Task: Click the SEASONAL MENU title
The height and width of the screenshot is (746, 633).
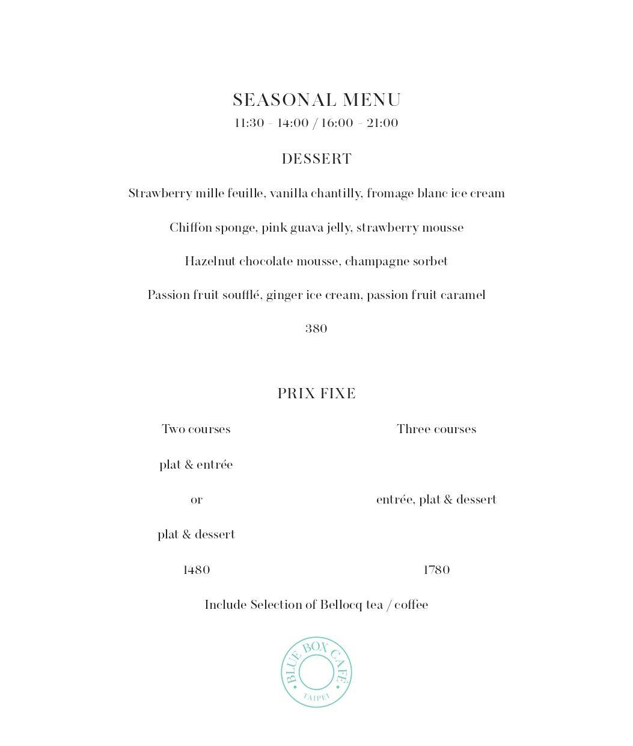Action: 316,100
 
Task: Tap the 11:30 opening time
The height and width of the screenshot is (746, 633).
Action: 249,123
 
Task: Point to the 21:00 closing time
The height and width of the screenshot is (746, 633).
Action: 382,123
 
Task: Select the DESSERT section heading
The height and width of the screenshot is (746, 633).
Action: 316,159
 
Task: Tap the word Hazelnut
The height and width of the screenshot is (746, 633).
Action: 210,262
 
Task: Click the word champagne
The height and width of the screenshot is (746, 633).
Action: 372,262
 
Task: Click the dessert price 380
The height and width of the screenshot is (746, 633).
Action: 316,329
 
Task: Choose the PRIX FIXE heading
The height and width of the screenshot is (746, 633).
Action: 316,393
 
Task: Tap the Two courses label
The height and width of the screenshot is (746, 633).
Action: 196,430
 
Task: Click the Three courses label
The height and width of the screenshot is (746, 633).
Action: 436,430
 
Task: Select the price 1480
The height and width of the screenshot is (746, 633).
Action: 196,570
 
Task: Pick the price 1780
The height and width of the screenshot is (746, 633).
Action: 436,570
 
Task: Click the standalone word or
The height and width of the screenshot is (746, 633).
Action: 196,500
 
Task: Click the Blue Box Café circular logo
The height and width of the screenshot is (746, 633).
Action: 316,672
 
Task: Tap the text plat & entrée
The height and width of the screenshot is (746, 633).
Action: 196,465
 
